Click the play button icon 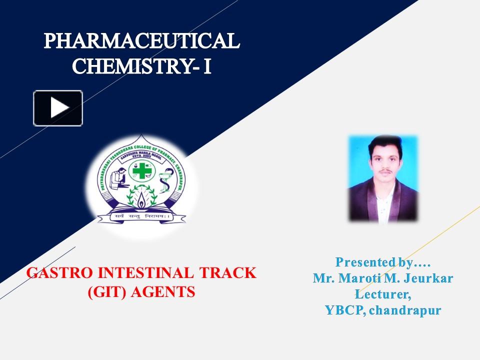click(58, 108)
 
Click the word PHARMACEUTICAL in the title click(142, 41)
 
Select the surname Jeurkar click(427, 278)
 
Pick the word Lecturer click(383, 294)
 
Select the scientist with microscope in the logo click(117, 177)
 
